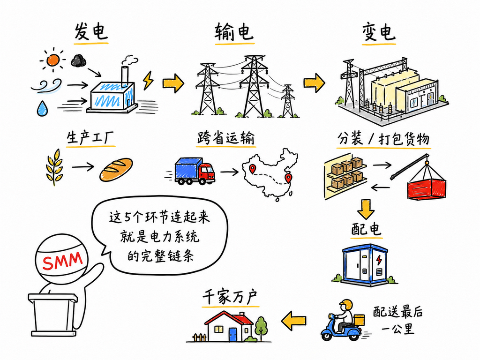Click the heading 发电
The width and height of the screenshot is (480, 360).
point(91,31)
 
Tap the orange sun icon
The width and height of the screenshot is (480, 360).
point(53,60)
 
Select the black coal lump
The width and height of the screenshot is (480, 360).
point(78,60)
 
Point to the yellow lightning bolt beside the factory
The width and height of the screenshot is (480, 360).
point(149,80)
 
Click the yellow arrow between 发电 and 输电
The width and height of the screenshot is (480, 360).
point(173,83)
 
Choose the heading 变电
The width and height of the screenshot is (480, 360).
point(379,32)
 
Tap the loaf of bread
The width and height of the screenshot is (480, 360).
point(116,169)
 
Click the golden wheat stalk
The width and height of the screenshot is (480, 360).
point(55,167)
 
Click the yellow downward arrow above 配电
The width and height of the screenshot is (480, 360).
point(366,209)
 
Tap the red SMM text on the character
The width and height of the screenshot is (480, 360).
point(62,261)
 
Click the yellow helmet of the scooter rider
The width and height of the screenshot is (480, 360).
point(346,305)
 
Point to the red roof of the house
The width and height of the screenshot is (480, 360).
point(229,318)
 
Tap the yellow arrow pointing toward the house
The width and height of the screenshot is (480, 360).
point(293,321)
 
